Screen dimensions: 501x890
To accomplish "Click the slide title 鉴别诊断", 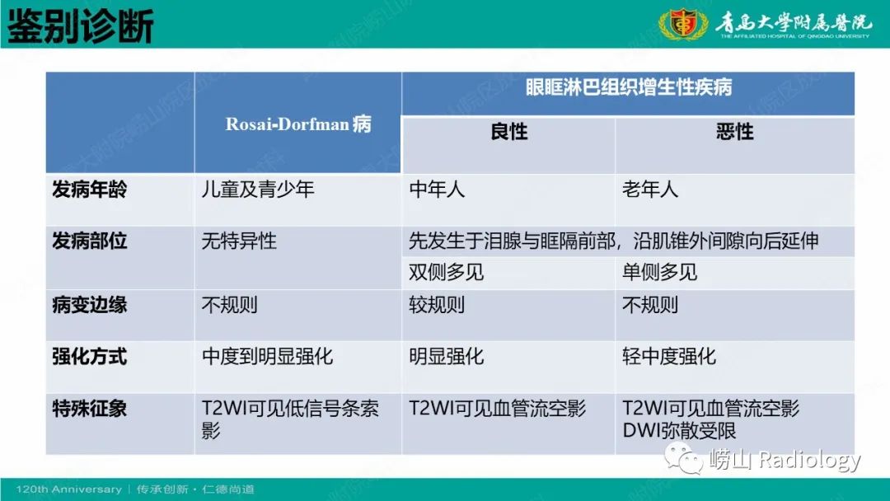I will (81, 26).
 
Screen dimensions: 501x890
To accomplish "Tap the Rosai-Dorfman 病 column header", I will (298, 124).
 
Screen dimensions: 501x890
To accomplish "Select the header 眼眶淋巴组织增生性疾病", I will (628, 87).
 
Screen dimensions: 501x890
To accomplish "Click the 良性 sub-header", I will (508, 132).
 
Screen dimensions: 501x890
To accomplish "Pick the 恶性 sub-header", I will (734, 132).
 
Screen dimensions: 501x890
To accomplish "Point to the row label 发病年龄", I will (90, 190).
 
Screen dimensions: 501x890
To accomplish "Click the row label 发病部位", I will (90, 241).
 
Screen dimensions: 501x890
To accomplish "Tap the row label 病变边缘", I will (90, 305).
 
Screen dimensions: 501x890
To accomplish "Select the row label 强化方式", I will (90, 357).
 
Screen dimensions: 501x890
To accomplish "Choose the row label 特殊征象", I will (90, 409).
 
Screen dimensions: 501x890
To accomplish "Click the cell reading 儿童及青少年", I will (258, 190).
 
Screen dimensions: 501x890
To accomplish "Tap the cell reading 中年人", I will (438, 190).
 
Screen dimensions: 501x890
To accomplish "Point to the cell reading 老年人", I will (650, 190).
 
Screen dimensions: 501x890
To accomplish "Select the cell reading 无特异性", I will (239, 241).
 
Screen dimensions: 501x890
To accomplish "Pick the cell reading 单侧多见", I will (659, 272).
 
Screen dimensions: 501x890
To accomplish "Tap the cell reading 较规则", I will (438, 305).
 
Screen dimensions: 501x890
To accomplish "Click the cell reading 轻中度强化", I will (669, 357).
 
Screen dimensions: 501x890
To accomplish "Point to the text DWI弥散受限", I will (679, 430).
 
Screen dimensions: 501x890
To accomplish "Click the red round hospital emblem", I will (683, 25).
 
